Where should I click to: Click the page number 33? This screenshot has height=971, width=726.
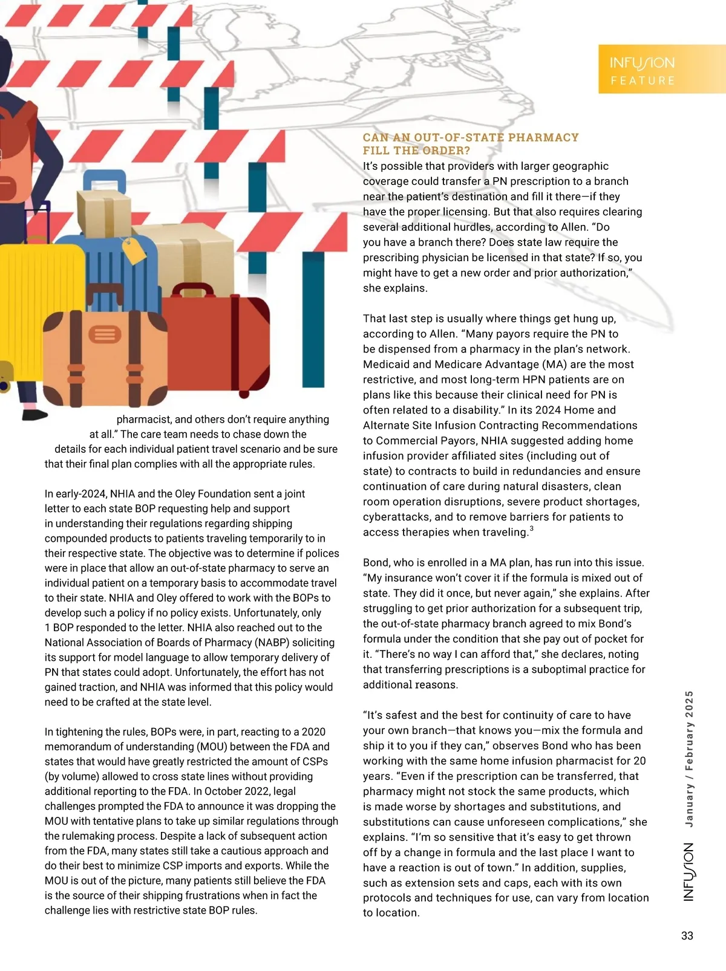687,935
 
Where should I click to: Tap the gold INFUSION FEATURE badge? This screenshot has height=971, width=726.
661,70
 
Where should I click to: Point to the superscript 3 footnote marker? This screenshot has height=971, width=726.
531,529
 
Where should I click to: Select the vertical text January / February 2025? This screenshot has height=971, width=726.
689,758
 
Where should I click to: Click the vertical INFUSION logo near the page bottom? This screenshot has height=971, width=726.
688,872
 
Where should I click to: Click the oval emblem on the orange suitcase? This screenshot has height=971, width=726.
105,334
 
